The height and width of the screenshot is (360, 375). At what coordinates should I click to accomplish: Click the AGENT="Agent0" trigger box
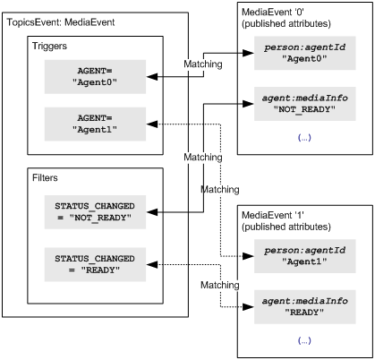click(95, 77)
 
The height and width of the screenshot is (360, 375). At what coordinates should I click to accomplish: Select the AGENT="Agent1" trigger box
click(95, 124)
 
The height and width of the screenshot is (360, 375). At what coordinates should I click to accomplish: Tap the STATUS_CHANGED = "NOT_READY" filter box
click(95, 212)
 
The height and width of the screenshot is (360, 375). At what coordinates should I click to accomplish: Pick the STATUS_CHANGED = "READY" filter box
click(95, 264)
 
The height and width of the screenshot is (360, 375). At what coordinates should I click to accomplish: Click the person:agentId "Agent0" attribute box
click(305, 53)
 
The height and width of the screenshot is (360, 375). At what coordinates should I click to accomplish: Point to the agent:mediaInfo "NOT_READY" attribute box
click(305, 104)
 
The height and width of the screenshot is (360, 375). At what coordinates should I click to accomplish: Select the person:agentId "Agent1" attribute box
click(305, 256)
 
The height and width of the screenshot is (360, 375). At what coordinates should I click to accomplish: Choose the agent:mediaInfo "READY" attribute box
click(305, 307)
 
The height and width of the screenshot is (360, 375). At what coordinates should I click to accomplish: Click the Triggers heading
click(49, 47)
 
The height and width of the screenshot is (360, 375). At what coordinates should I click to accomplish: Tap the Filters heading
click(45, 177)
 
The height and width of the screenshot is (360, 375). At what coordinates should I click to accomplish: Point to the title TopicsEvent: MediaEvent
click(61, 22)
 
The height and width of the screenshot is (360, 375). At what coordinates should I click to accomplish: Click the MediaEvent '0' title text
click(273, 13)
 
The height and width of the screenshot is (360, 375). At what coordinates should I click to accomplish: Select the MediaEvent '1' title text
click(273, 215)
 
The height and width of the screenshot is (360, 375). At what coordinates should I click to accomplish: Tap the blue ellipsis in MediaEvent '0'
click(304, 138)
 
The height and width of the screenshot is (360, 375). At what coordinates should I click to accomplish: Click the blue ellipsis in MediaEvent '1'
click(304, 340)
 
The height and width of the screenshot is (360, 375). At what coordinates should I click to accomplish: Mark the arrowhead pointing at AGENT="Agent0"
click(152, 77)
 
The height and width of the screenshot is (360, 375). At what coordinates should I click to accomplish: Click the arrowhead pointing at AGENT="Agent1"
click(152, 124)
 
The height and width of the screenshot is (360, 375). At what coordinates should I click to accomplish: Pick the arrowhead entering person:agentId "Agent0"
click(249, 53)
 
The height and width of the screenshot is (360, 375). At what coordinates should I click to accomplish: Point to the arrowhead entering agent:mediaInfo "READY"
click(249, 307)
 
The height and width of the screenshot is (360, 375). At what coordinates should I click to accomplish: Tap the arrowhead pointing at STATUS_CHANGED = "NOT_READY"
click(152, 212)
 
